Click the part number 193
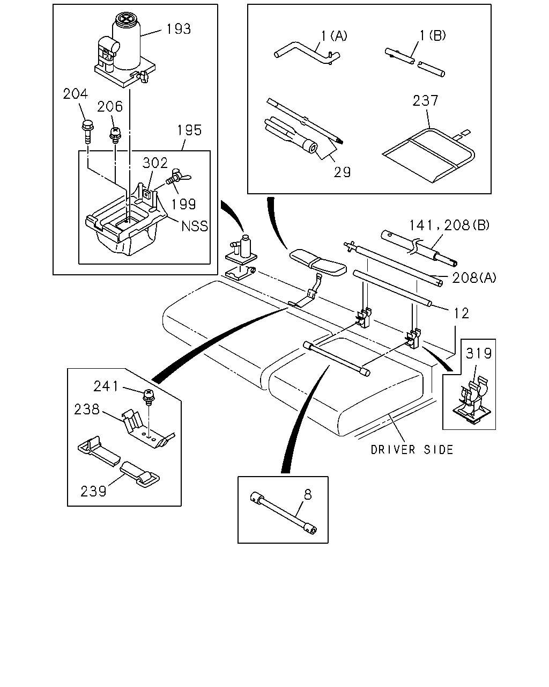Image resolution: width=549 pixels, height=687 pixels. coord(179,29)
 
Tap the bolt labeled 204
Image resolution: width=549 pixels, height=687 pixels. coord(86,132)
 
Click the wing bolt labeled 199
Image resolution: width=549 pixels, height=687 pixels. coord(177,177)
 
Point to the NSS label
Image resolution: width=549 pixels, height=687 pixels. coord(195,226)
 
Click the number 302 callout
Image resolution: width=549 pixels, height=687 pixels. coord(155,163)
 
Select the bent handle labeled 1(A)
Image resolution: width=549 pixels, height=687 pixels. coord(307,53)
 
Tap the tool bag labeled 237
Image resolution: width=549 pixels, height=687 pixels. coord(428,156)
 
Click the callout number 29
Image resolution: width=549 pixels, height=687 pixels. coord(342,172)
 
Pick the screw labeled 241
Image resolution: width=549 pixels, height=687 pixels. coord(149,396)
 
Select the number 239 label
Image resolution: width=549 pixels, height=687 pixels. coord(93,491)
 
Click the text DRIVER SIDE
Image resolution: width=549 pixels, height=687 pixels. coord(412,450)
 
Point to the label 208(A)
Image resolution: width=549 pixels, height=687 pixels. coord(474,278)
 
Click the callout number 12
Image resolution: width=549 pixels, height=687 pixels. coord(461,313)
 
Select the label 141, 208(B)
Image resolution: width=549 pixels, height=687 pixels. coord(449,225)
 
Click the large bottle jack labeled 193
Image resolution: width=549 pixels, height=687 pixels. coord(125,50)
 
